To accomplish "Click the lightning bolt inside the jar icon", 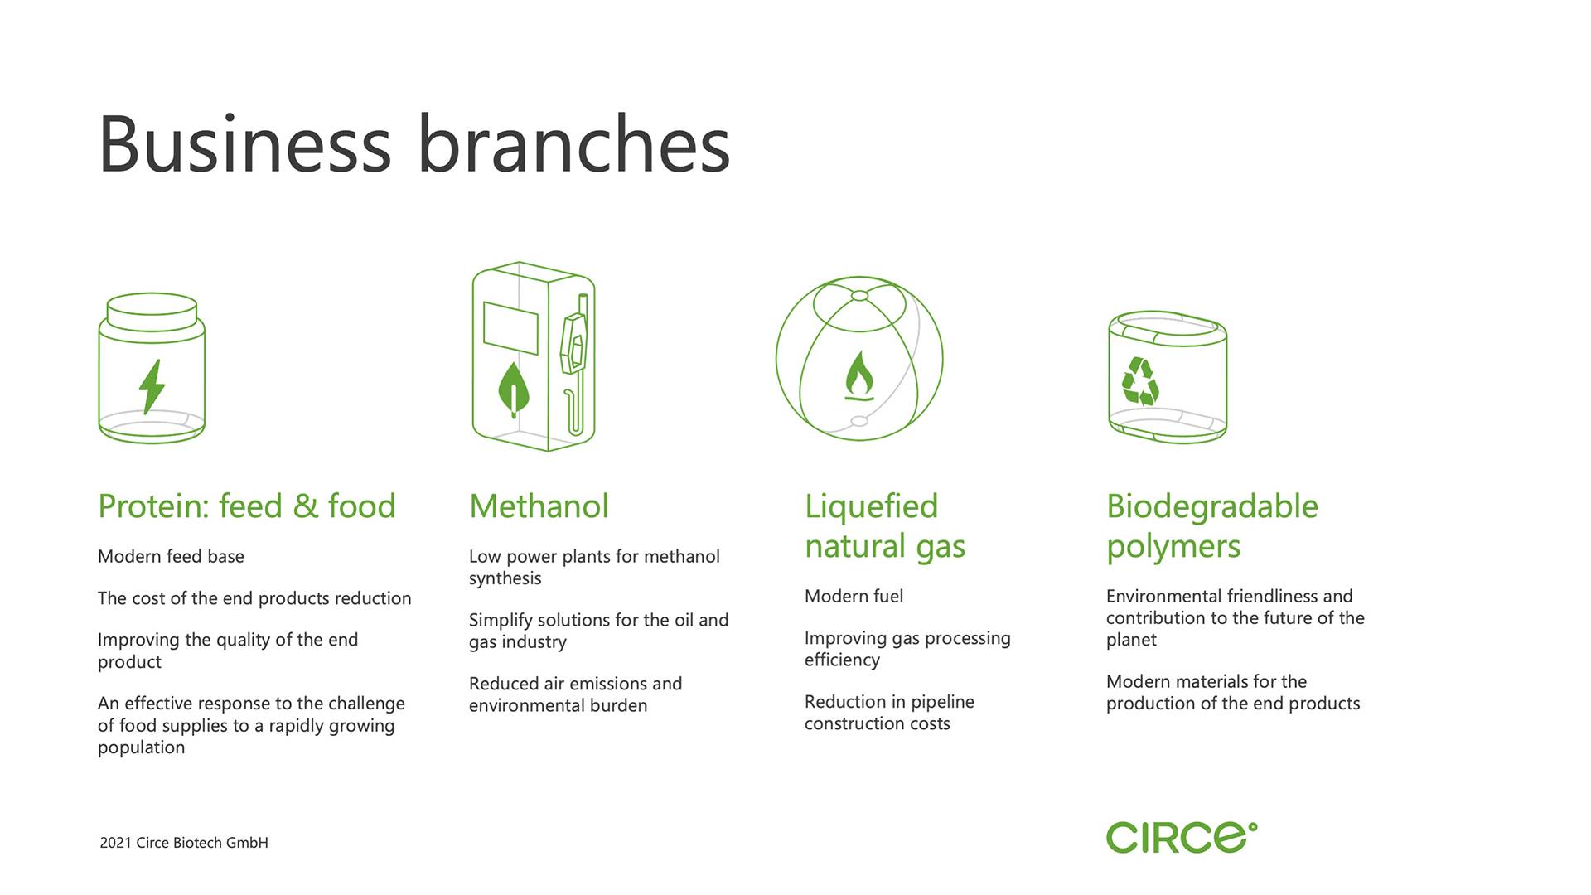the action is click(x=152, y=386).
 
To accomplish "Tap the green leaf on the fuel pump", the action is click(x=514, y=389).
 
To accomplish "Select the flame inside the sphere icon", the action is click(x=859, y=375).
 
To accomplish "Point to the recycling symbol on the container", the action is click(x=1140, y=381).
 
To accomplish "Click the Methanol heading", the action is click(x=539, y=506).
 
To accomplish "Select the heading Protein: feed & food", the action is click(x=247, y=506).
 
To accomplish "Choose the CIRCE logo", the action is click(x=1182, y=837).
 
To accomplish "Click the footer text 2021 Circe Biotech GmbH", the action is click(x=184, y=843).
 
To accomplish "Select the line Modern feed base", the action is click(x=171, y=556).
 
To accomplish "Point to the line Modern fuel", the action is click(x=854, y=596).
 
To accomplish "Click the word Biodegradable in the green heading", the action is click(x=1212, y=506).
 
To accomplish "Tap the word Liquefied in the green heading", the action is click(x=871, y=506).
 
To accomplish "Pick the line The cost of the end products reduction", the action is click(x=254, y=598).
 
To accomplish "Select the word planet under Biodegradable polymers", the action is click(x=1131, y=641).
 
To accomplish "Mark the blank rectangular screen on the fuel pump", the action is click(x=510, y=328).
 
